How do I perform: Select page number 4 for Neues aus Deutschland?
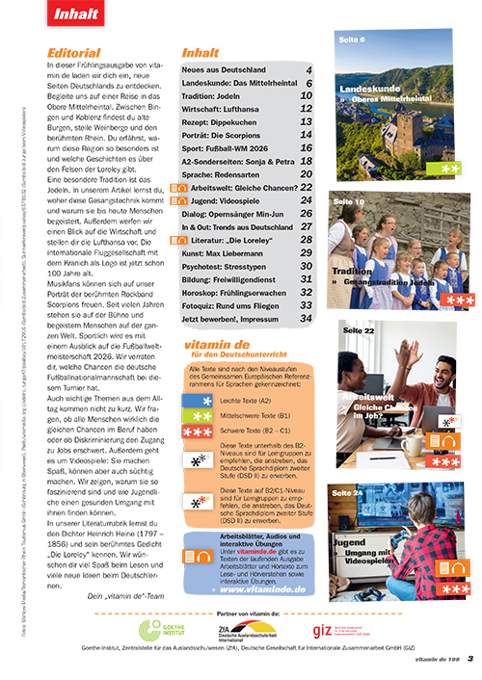tap(308, 71)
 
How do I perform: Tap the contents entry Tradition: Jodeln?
tap(222, 96)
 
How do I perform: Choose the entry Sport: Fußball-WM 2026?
tap(230, 149)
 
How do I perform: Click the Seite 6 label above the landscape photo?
tap(350, 41)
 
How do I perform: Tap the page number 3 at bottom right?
tap(469, 660)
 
